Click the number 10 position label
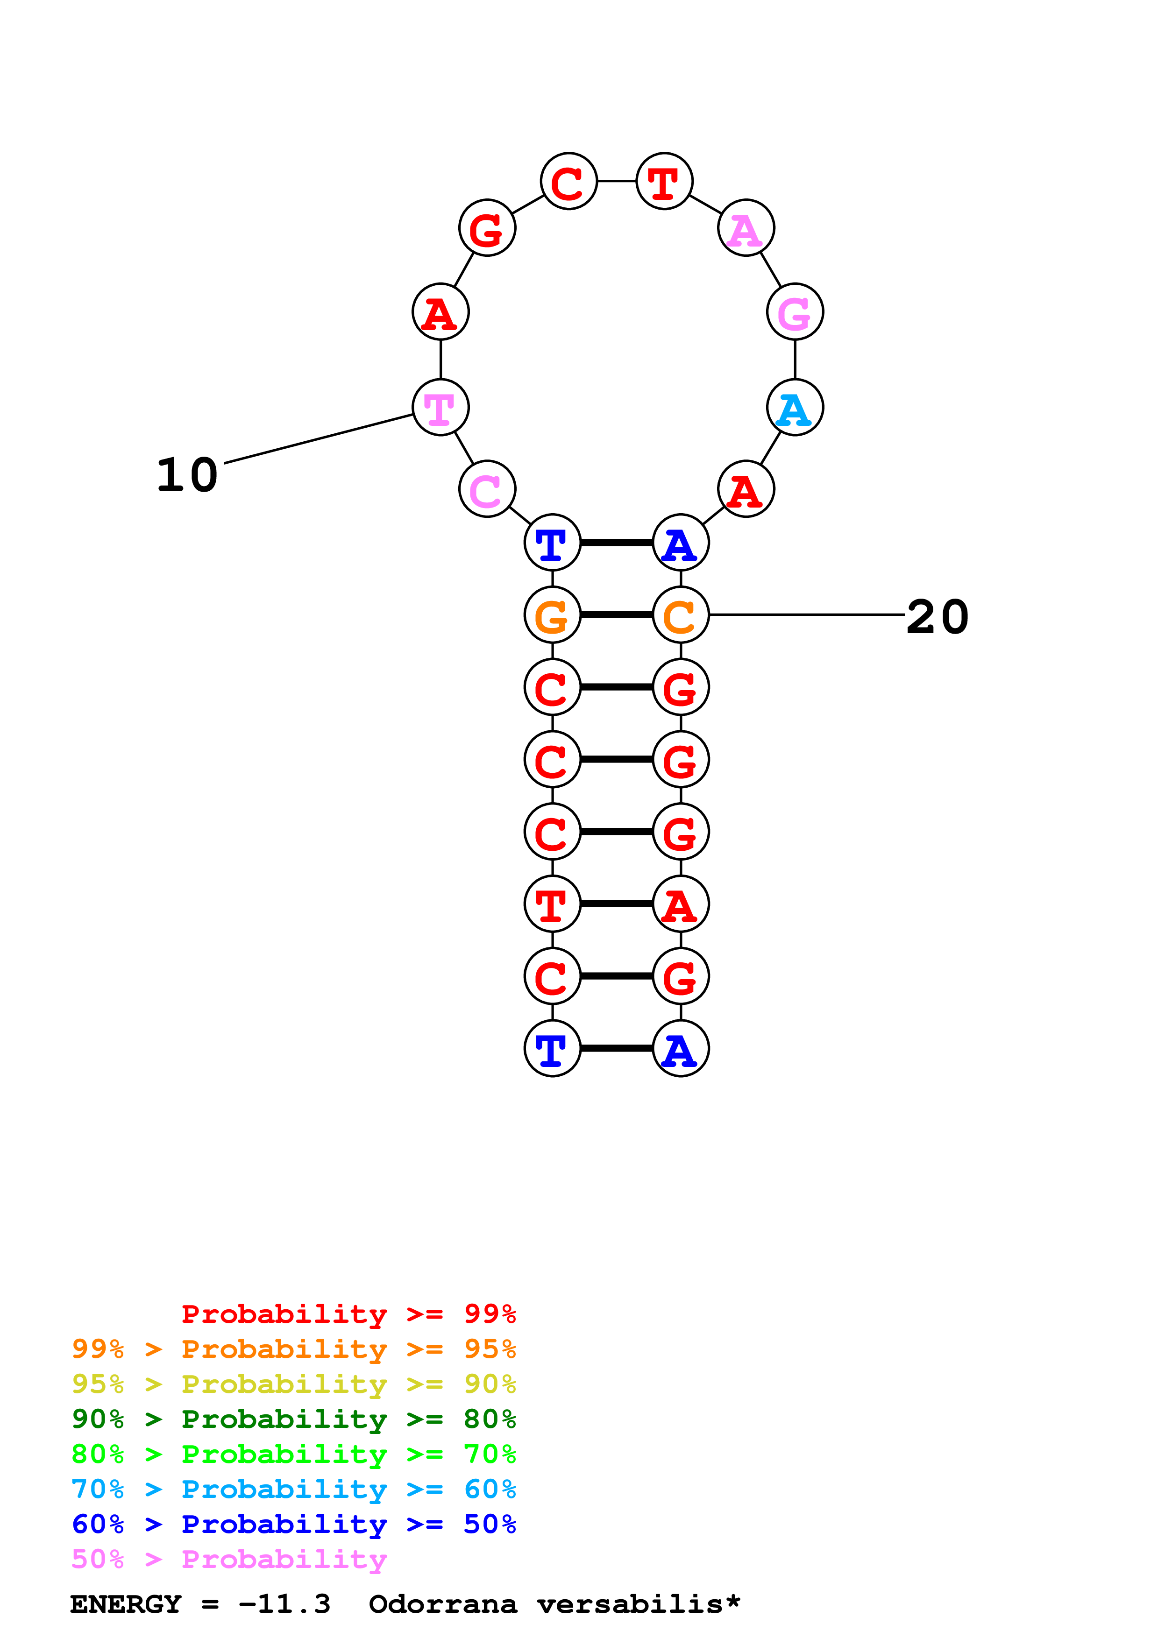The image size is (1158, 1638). click(x=187, y=475)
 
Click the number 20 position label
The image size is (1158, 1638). click(x=937, y=617)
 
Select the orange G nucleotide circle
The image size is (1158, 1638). click(x=552, y=615)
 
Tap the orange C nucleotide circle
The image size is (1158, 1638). click(x=680, y=615)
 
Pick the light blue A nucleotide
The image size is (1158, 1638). click(x=795, y=408)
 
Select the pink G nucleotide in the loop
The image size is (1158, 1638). click(x=795, y=312)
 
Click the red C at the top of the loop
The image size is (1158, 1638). click(x=568, y=182)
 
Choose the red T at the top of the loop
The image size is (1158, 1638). click(x=663, y=182)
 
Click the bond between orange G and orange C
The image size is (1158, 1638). click(x=617, y=615)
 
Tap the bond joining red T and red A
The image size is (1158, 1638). click(x=617, y=904)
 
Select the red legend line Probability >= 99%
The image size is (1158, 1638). click(x=348, y=1313)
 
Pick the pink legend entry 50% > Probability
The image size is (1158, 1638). click(x=229, y=1560)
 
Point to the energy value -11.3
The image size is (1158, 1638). click(x=284, y=1604)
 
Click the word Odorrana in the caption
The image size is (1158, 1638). click(x=442, y=1604)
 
